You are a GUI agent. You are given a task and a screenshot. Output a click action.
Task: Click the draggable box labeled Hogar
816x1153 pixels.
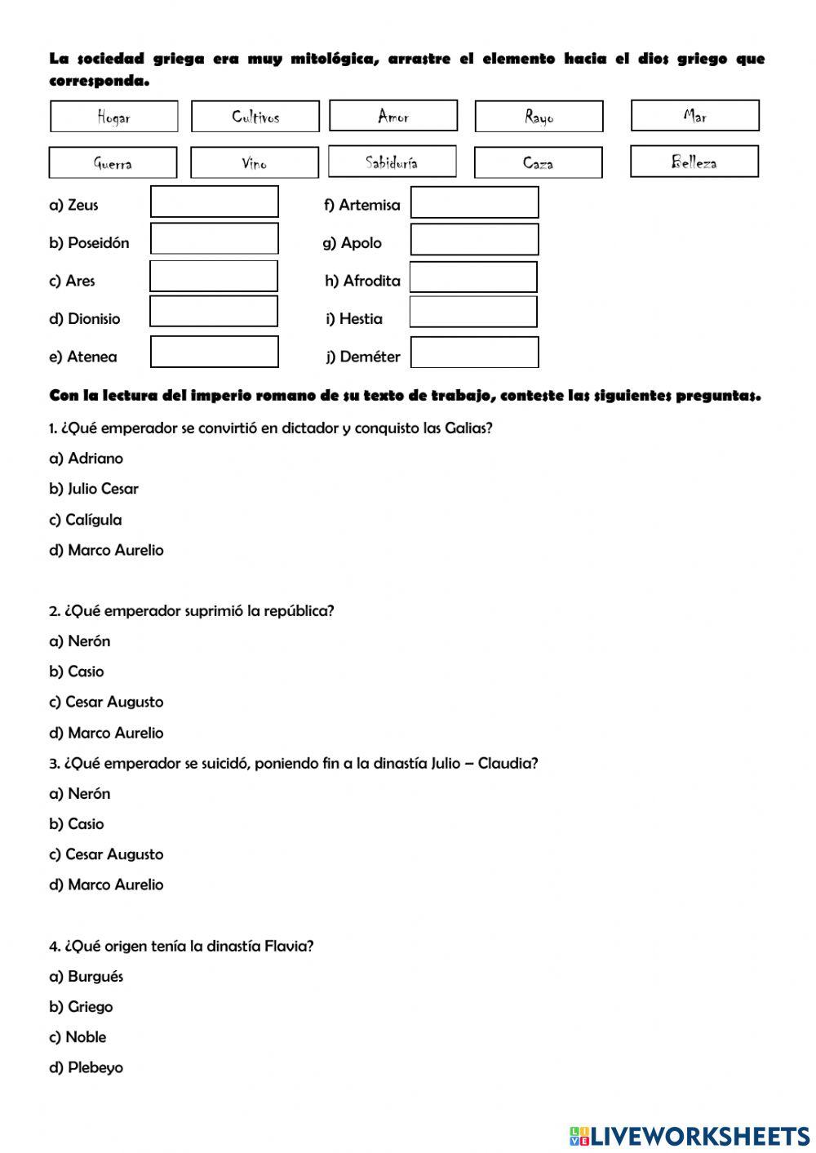coord(113,117)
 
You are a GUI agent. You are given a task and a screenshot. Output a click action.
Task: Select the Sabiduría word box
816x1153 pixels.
coord(392,162)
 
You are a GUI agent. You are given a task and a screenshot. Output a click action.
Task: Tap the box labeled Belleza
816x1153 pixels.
coord(694,162)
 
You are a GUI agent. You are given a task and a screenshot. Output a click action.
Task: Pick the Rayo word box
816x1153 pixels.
coord(539,117)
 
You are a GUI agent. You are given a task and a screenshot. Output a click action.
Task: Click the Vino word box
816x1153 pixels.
coord(254,162)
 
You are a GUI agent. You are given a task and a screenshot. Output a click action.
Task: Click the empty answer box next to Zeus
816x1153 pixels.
coord(214,202)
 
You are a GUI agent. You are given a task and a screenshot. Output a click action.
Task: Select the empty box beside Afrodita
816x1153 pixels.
coord(473,277)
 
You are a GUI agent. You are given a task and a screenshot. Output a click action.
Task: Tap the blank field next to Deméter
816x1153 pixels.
coord(474,353)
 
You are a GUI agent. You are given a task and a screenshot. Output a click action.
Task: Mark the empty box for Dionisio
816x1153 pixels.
coord(214,312)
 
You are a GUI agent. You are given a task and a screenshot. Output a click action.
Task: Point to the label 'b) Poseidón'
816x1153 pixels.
coord(89,243)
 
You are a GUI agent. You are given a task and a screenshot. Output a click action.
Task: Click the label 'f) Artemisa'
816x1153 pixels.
coord(361,206)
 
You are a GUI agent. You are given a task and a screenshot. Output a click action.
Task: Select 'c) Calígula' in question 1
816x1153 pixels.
coord(86,520)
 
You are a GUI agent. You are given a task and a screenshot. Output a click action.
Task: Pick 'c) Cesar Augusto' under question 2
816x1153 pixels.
coord(106,702)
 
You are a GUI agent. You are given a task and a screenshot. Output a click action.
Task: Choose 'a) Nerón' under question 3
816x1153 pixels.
coord(80,793)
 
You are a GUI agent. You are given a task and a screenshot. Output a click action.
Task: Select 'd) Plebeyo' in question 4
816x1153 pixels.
coord(86,1067)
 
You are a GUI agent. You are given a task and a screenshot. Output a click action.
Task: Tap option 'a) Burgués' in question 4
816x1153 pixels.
coord(86,976)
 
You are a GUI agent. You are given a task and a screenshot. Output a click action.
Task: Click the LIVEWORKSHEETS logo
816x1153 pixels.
coord(690,1135)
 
